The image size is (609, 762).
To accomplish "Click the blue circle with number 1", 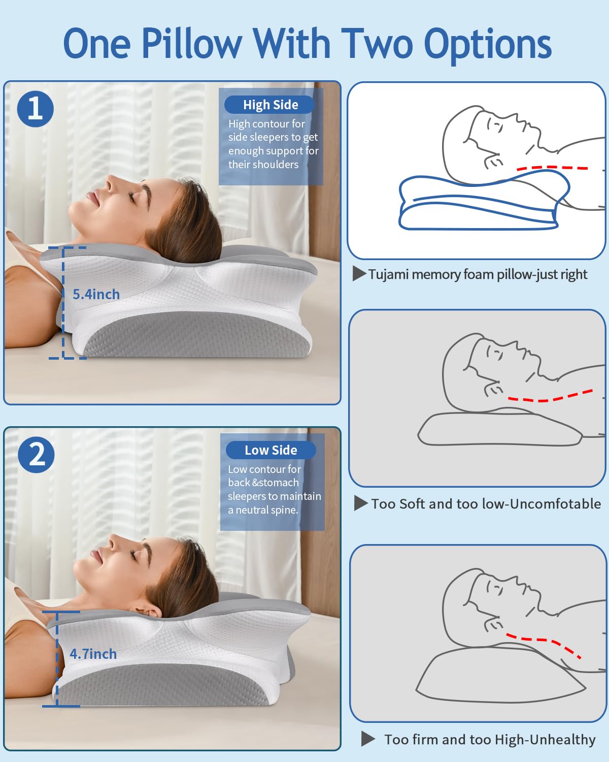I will (x=36, y=109).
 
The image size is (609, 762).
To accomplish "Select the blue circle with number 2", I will (x=36, y=455).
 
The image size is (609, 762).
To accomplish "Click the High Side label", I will (x=270, y=105).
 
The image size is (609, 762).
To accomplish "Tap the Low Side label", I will (x=270, y=450).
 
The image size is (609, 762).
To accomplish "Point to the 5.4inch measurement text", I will (x=96, y=294).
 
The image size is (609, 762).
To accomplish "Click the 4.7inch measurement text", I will (x=93, y=654).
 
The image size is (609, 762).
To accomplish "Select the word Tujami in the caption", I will (x=388, y=274).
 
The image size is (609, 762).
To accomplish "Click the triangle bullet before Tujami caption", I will (x=359, y=274).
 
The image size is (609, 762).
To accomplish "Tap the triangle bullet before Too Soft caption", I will (x=360, y=503).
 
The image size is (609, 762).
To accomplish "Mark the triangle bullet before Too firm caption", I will (x=368, y=739).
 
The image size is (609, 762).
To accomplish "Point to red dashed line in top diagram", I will (x=552, y=167).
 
